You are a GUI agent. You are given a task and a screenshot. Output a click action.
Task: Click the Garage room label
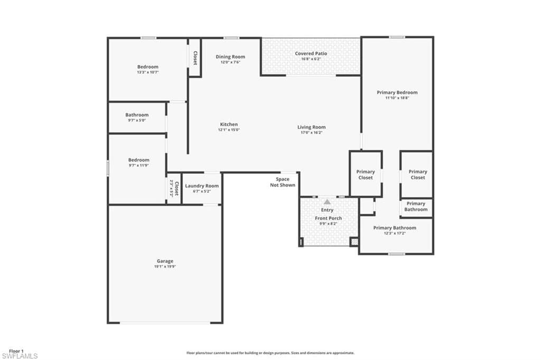pyautogui.click(x=164, y=261)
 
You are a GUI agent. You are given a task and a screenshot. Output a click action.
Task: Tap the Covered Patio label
pyautogui.click(x=311, y=53)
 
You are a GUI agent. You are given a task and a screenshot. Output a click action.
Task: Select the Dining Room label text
pyautogui.click(x=230, y=57)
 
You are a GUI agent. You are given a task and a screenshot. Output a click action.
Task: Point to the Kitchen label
pyautogui.click(x=229, y=125)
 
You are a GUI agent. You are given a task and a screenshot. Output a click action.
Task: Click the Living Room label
pyautogui.click(x=311, y=127)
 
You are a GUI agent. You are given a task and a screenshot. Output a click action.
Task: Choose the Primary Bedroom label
pyautogui.click(x=397, y=92)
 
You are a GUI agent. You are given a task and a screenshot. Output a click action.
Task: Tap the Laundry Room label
pyautogui.click(x=202, y=186)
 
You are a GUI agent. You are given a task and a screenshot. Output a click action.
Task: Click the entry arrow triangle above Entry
pyautogui.click(x=327, y=202)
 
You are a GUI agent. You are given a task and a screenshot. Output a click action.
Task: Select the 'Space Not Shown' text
pyautogui.click(x=283, y=182)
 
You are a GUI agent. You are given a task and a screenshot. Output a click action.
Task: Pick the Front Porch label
pyautogui.click(x=328, y=218)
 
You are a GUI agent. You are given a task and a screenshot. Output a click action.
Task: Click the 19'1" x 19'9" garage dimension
pyautogui.click(x=164, y=267)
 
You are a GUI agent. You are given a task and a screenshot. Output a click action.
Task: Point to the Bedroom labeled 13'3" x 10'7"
pyautogui.click(x=147, y=67)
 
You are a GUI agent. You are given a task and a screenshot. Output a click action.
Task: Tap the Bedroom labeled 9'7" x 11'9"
pyautogui.click(x=138, y=160)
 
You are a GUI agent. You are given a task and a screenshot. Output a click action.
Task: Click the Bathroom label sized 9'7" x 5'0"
pyautogui.click(x=137, y=115)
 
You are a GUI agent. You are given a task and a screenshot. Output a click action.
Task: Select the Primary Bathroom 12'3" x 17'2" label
pyautogui.click(x=395, y=228)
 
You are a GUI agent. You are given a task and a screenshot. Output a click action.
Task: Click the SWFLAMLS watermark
pyautogui.click(x=20, y=356)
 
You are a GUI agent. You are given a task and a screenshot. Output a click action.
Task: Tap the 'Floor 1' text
pyautogui.click(x=16, y=350)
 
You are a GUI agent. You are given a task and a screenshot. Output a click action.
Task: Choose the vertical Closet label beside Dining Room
pyautogui.click(x=194, y=58)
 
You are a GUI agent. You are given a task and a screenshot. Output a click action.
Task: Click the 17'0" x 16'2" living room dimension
pyautogui.click(x=311, y=132)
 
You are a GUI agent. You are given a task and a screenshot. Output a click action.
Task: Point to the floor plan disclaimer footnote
pyautogui.click(x=270, y=353)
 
